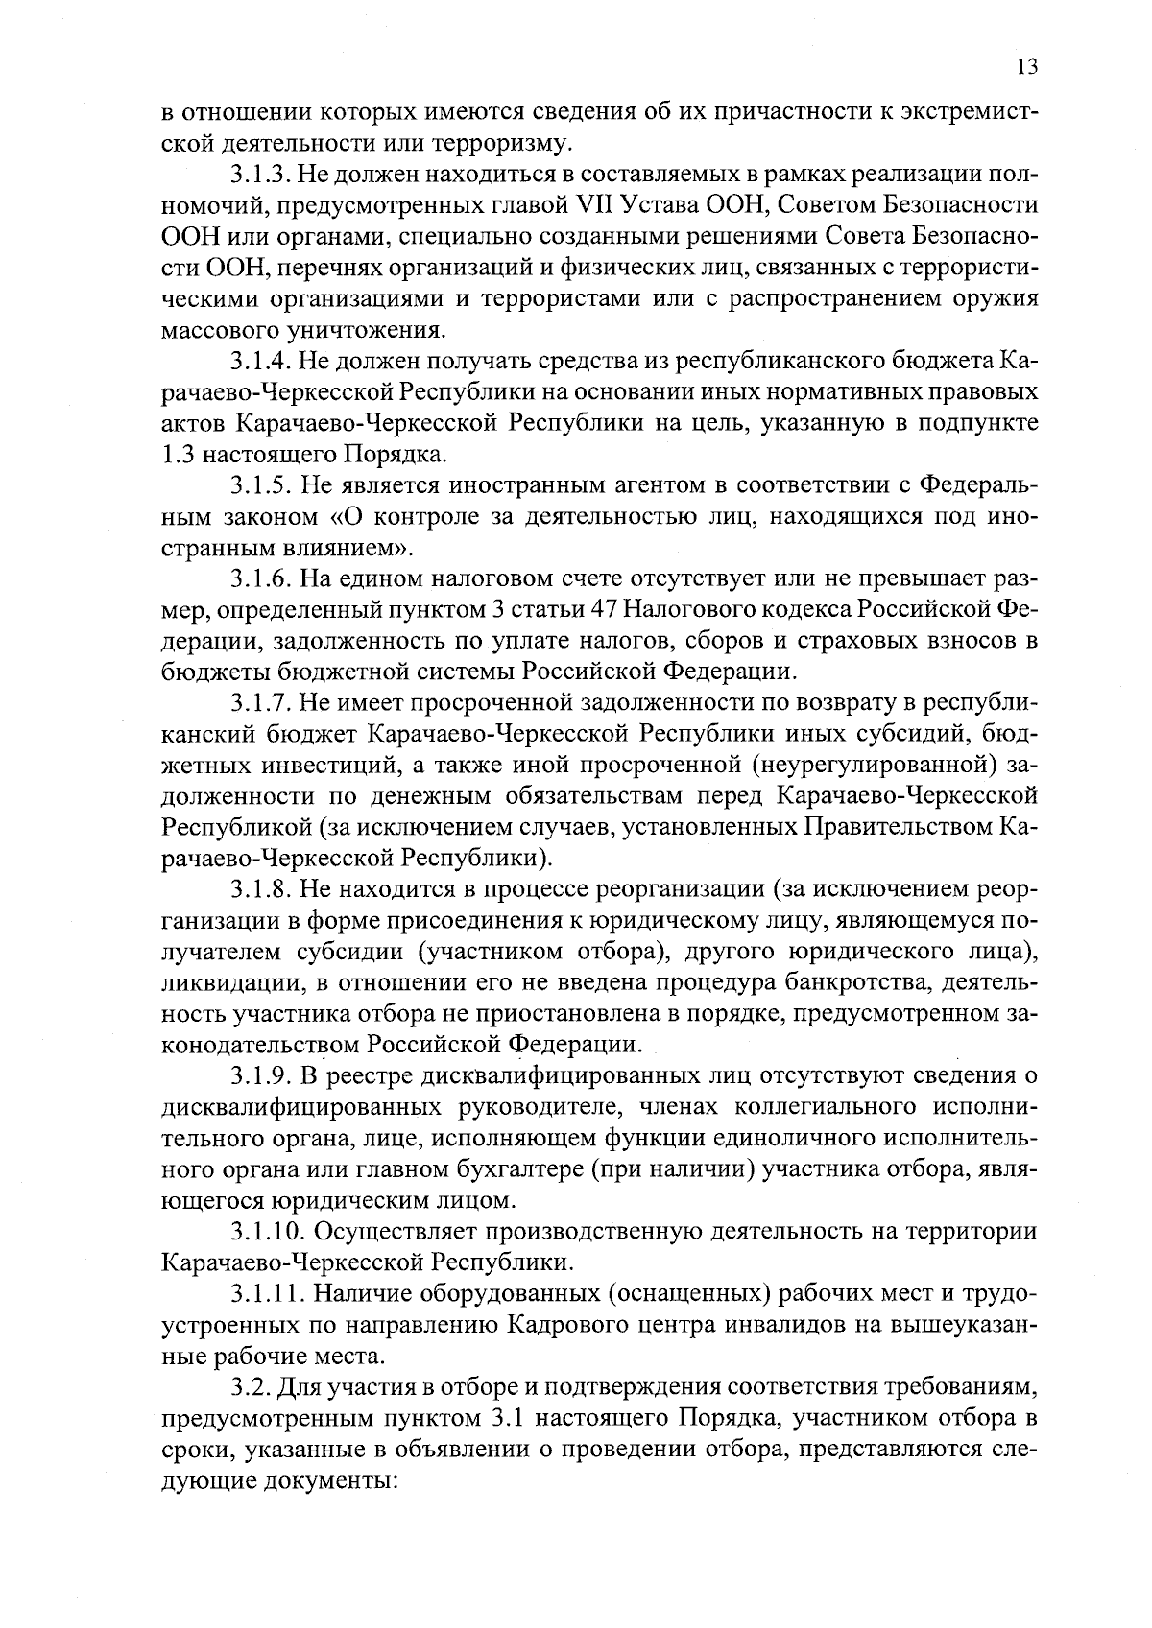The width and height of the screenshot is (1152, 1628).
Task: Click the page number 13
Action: [1026, 67]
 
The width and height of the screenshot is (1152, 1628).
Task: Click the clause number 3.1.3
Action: [259, 175]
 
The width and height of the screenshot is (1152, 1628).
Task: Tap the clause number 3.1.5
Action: [259, 486]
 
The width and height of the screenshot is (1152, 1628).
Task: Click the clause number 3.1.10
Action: [266, 1232]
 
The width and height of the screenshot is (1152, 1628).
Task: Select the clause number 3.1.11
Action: [266, 1294]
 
